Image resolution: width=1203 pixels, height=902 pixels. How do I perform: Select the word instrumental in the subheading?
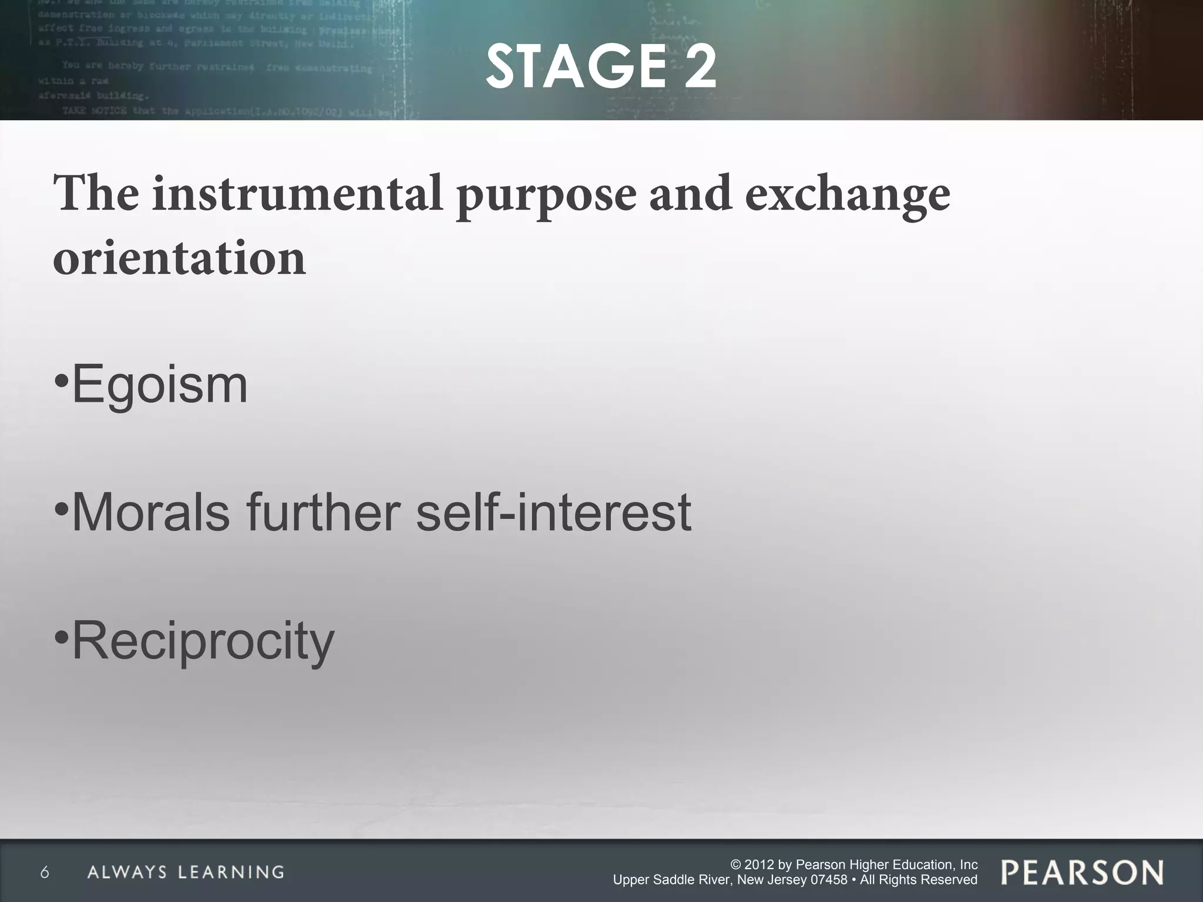pyautogui.click(x=297, y=193)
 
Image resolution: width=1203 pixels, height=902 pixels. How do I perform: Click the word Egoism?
pyautogui.click(x=160, y=385)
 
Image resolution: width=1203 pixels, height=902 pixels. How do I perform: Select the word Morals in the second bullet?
pyautogui.click(x=150, y=512)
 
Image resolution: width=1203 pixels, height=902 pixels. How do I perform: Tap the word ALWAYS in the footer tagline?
pyautogui.click(x=127, y=872)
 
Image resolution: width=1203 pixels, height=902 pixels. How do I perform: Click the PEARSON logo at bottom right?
pyautogui.click(x=1082, y=872)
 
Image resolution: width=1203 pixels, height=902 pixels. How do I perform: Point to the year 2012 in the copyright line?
pyautogui.click(x=760, y=864)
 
